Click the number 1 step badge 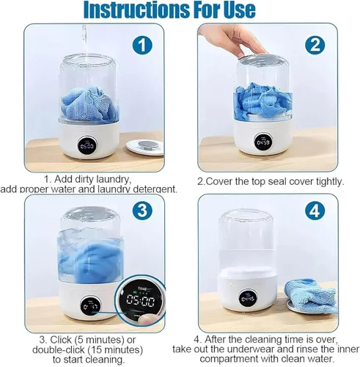pos(142,45)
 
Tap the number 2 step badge pos(315,45)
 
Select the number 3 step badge pos(142,211)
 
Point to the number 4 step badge pos(315,211)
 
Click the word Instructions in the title pos(136,10)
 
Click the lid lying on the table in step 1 pos(144,146)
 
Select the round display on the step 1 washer pos(87,145)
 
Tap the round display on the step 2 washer pos(262,142)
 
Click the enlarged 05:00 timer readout pos(140,301)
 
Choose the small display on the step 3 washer pos(89,305)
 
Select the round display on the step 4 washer pos(249,298)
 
